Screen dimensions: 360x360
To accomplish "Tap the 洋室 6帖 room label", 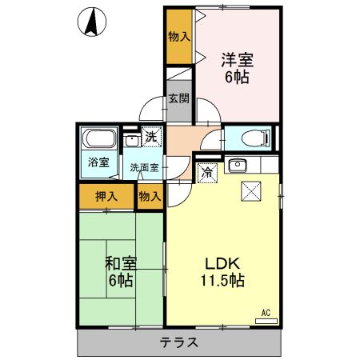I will (x=236, y=67).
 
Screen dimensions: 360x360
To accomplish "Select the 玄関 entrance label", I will (x=178, y=99).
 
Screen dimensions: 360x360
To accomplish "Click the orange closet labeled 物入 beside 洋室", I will (x=179, y=37).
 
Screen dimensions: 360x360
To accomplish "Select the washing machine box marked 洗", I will (x=150, y=137).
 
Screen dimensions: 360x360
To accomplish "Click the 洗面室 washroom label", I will (x=145, y=168).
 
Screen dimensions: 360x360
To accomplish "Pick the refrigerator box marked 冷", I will (x=207, y=171).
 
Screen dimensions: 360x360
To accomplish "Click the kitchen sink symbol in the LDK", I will (x=237, y=166).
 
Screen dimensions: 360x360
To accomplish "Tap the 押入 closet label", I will (x=106, y=196).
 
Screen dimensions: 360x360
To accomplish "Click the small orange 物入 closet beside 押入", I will (x=150, y=196).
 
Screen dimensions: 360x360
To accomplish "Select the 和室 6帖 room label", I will (x=120, y=271).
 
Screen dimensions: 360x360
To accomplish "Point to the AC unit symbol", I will (x=266, y=319).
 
